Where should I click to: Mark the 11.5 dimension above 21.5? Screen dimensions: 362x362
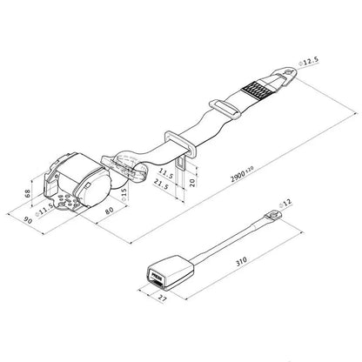click(x=167, y=171)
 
